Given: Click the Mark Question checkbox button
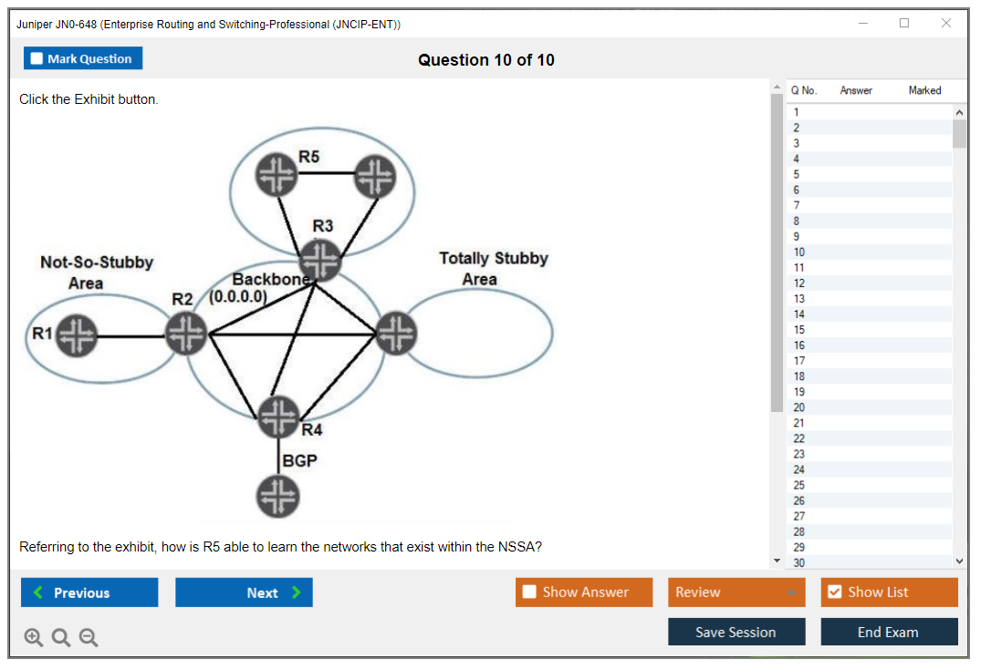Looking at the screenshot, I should [x=83, y=58].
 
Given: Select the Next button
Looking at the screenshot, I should [x=244, y=593].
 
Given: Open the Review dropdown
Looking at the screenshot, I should [x=736, y=593].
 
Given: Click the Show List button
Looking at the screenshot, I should [x=889, y=593].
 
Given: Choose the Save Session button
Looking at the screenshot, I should [x=736, y=632].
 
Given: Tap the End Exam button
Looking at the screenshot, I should [x=888, y=632].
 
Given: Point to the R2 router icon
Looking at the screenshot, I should [x=186, y=334].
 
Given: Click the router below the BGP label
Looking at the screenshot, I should [x=277, y=496].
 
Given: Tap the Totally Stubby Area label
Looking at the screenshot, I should [x=493, y=269].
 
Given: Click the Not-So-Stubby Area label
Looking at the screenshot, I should [x=97, y=273].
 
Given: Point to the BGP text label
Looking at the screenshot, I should [x=299, y=461].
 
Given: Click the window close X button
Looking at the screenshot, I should [x=946, y=24].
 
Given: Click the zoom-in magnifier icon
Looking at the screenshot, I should [x=34, y=638].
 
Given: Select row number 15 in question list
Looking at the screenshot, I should [x=799, y=330].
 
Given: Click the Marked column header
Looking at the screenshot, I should [x=924, y=90].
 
